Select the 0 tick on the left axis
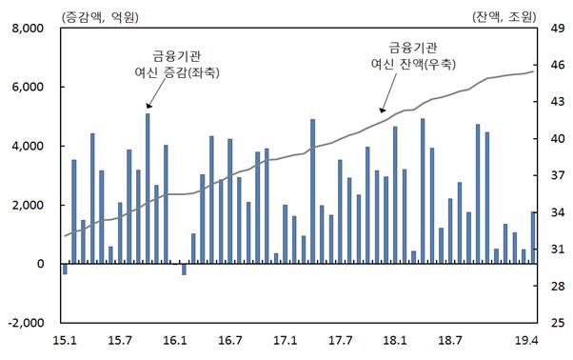pyautogui.click(x=40, y=264)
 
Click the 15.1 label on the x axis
pyautogui.click(x=64, y=339)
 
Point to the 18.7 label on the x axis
pyautogui.click(x=451, y=339)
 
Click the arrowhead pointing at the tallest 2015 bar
pyautogui.click(x=148, y=108)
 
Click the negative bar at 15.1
pyautogui.click(x=65, y=269)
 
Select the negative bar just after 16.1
pyautogui.click(x=184, y=269)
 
